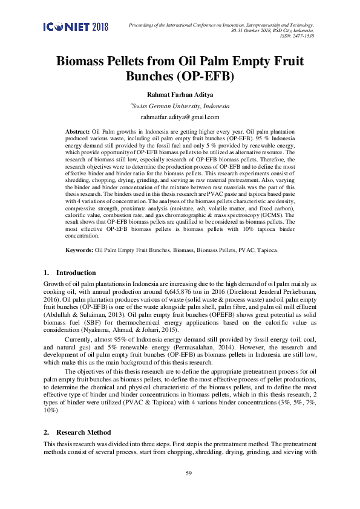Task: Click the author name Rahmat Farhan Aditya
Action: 180,94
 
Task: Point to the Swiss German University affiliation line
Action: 180,105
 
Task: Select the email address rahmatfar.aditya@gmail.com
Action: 180,117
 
